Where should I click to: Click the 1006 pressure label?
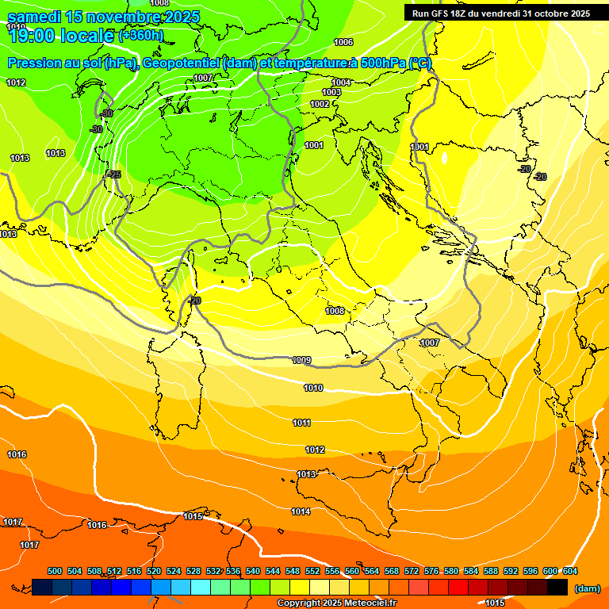(343, 42)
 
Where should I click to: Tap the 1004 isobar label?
(341, 82)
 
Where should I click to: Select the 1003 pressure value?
(331, 93)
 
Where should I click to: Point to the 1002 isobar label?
(320, 104)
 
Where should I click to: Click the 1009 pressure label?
(301, 360)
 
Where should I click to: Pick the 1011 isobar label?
(301, 423)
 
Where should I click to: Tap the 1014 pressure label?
(301, 511)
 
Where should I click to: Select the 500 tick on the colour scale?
(55, 571)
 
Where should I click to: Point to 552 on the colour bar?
(312, 571)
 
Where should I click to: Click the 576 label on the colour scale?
(431, 571)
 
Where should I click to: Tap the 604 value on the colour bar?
(570, 571)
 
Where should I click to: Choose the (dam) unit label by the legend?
(587, 588)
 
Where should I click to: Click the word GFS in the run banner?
(442, 13)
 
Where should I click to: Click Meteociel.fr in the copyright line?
(375, 603)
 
